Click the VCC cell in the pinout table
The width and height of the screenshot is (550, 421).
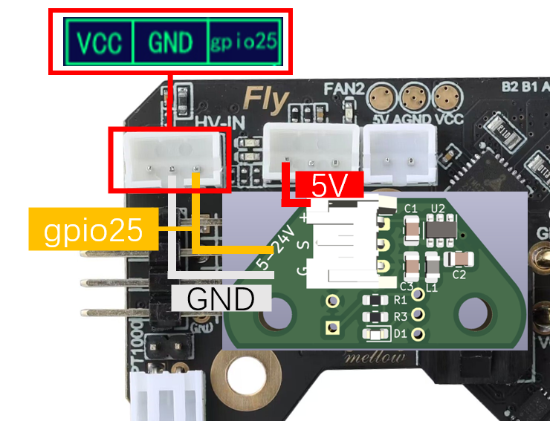pos(100,42)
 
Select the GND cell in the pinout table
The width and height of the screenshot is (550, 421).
pos(170,42)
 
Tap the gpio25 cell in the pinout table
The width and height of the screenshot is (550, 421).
pos(245,42)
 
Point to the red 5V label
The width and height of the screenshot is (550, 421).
pos(329,186)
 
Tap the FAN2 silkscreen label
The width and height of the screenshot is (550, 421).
pos(343,89)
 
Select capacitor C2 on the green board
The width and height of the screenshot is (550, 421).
pos(462,258)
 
